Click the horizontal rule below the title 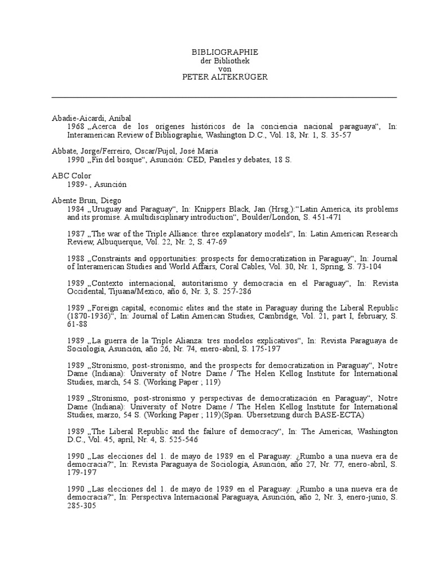224,97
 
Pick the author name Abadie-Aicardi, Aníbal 91,118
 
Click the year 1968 76,126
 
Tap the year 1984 76,209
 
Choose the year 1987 76,234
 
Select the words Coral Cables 258,266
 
